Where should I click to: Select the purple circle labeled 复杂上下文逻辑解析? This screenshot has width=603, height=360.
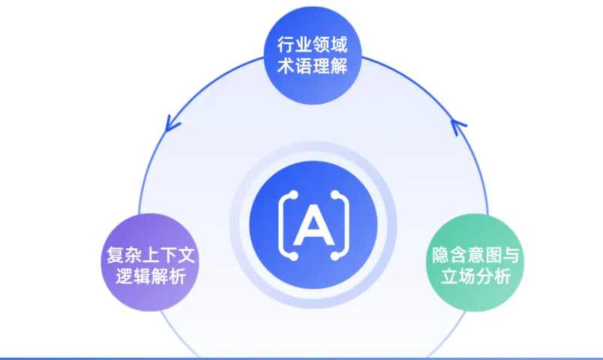(147, 262)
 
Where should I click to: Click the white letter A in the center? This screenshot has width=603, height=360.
(311, 223)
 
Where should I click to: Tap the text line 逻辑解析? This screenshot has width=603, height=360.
(147, 275)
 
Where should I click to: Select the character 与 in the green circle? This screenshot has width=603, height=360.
(514, 254)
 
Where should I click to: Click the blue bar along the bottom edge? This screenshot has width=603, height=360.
(301, 357)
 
